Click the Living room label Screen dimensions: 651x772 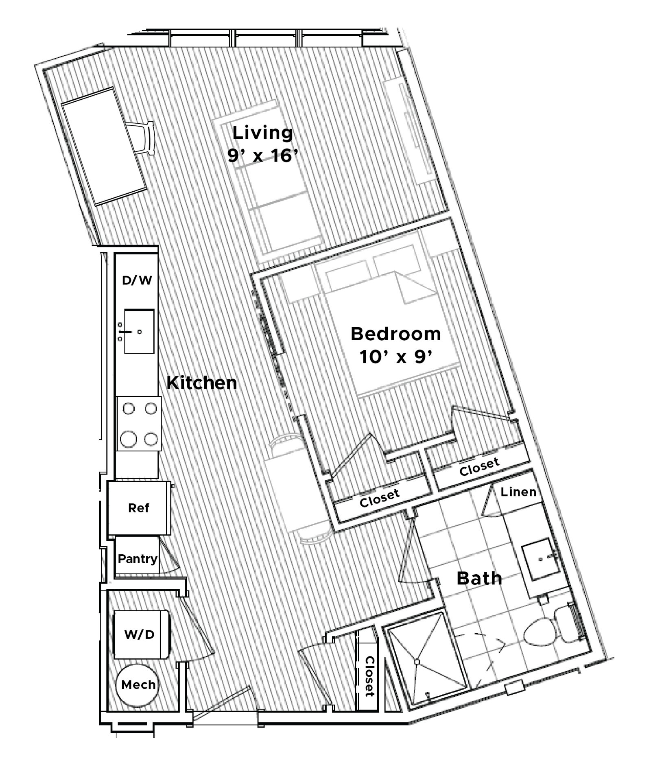click(x=262, y=133)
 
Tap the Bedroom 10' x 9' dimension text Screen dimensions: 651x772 click(x=395, y=357)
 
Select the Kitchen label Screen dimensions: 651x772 click(x=202, y=383)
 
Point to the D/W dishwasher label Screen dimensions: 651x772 click(x=137, y=280)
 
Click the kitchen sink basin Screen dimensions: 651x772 click(x=139, y=331)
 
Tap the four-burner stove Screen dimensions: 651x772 click(x=139, y=424)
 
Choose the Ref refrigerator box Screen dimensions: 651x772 click(x=139, y=508)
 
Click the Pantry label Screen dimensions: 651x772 click(x=138, y=558)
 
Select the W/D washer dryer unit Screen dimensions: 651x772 click(x=141, y=634)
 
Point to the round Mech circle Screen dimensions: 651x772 click(x=138, y=685)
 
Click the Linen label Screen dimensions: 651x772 click(x=518, y=492)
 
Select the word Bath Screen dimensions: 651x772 click(x=479, y=578)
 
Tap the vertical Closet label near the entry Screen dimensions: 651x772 click(x=369, y=676)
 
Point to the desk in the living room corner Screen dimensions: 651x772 click(x=104, y=147)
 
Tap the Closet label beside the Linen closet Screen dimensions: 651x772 click(x=479, y=467)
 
